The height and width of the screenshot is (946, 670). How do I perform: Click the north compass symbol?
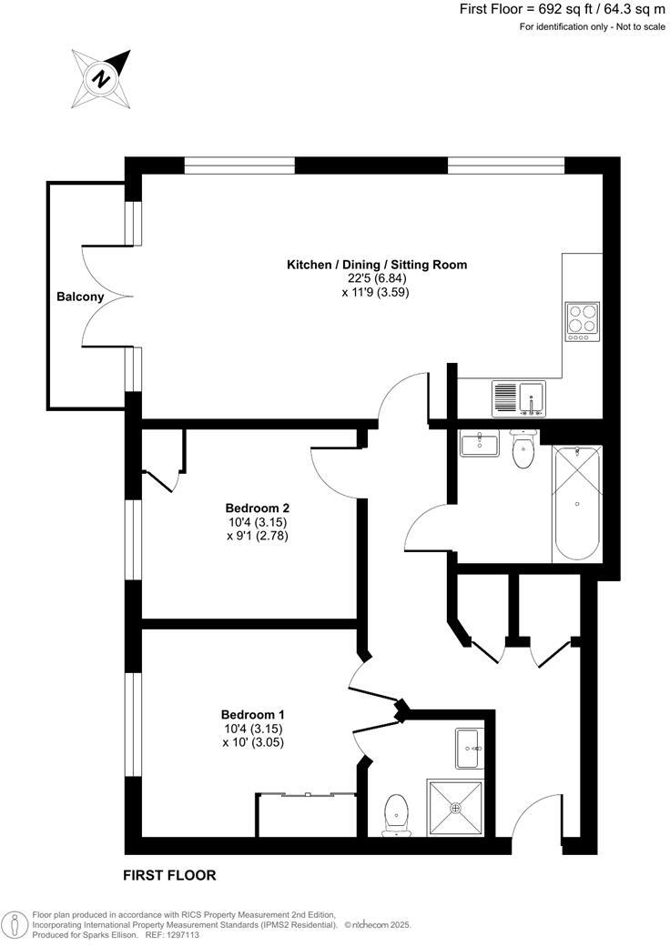click(102, 78)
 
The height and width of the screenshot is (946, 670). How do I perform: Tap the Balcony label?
click(80, 297)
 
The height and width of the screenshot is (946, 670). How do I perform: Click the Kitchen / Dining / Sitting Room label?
click(377, 265)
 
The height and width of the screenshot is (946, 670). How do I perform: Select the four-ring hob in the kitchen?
click(582, 321)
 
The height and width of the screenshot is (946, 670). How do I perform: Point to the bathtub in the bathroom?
click(576, 503)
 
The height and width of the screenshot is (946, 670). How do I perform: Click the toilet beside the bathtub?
click(523, 450)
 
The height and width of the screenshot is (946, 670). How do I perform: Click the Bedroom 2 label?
click(258, 508)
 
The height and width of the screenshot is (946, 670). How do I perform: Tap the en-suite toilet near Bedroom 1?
click(396, 811)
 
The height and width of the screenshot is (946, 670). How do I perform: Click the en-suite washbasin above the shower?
click(470, 747)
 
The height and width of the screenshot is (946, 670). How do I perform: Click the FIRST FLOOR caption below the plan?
click(169, 876)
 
